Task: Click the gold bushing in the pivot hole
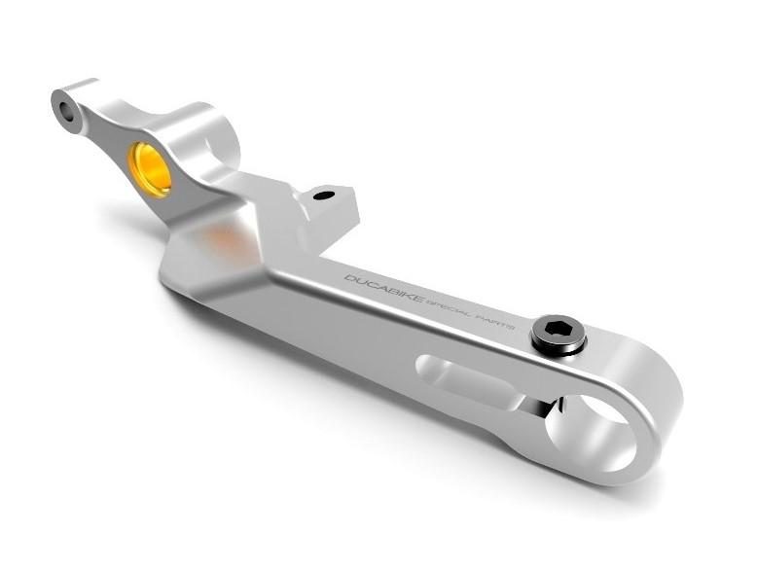[x=151, y=167]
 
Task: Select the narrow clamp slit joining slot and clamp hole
[x=535, y=404]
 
